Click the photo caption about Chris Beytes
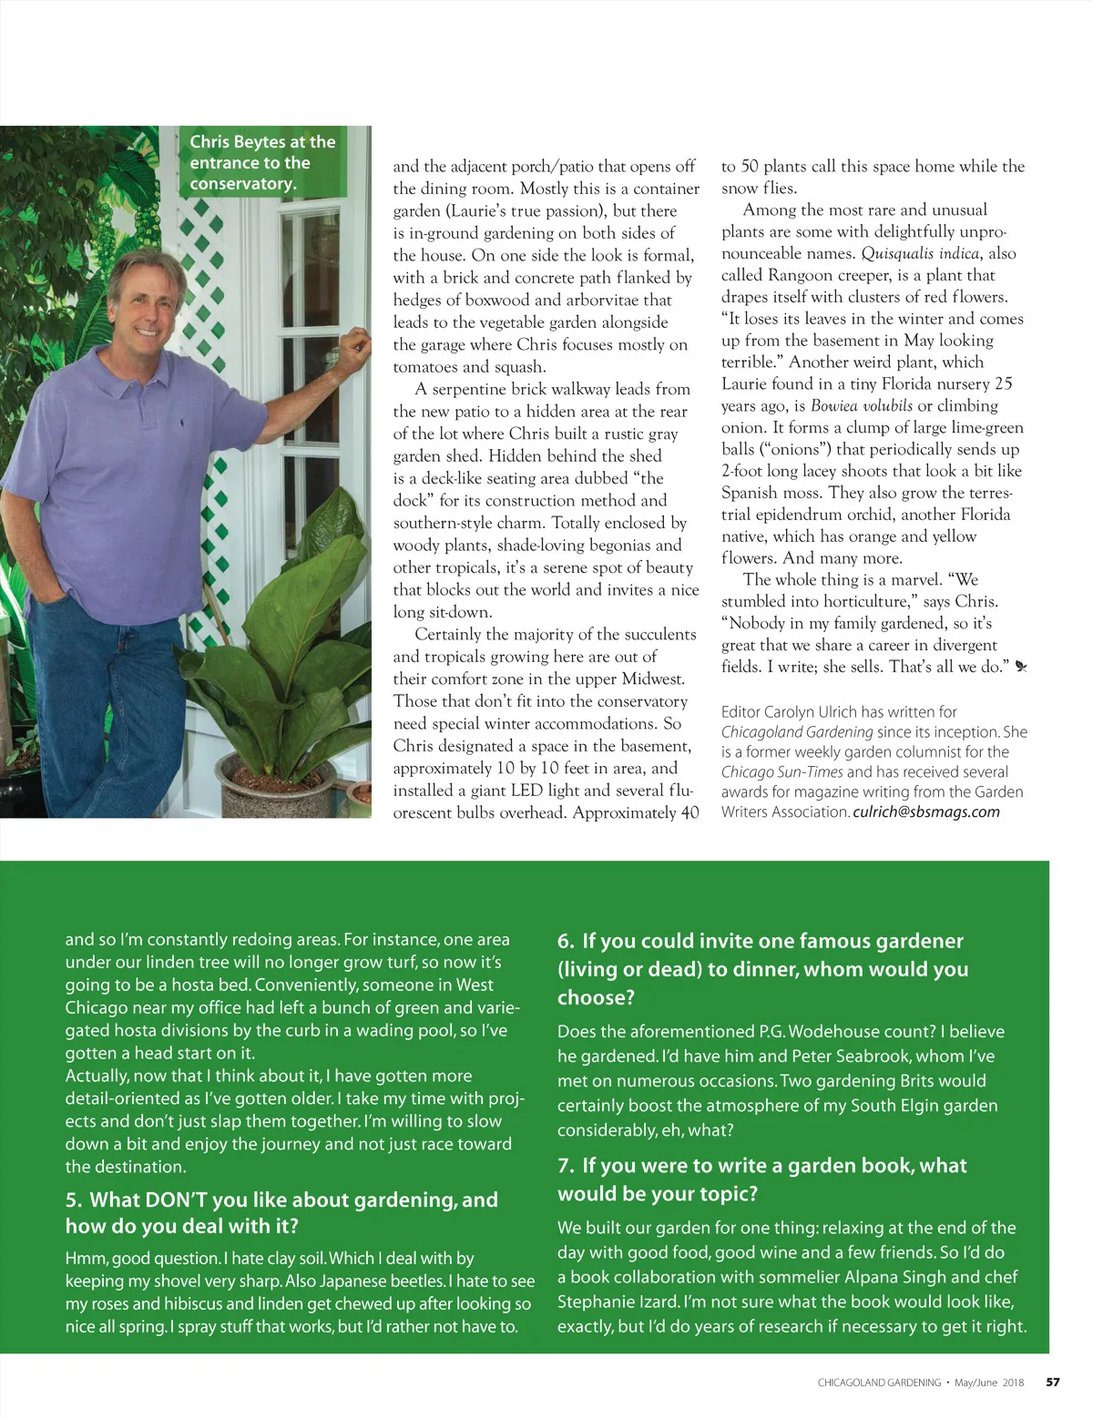click(262, 162)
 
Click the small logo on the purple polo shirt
click(182, 423)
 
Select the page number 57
click(1052, 1382)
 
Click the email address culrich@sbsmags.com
click(926, 812)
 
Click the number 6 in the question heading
click(565, 941)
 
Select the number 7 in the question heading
click(565, 1166)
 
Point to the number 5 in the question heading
click(73, 1200)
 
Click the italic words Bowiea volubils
click(862, 405)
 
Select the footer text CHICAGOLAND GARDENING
click(879, 1383)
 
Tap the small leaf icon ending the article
click(1020, 667)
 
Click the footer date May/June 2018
click(988, 1383)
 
